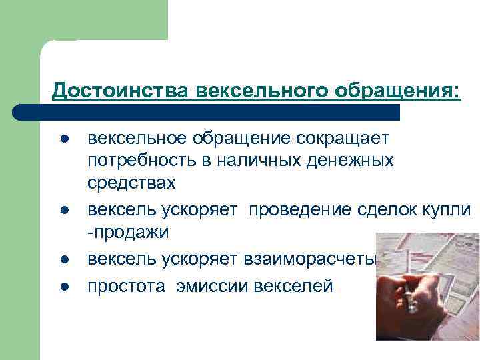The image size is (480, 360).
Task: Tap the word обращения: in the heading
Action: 400,89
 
